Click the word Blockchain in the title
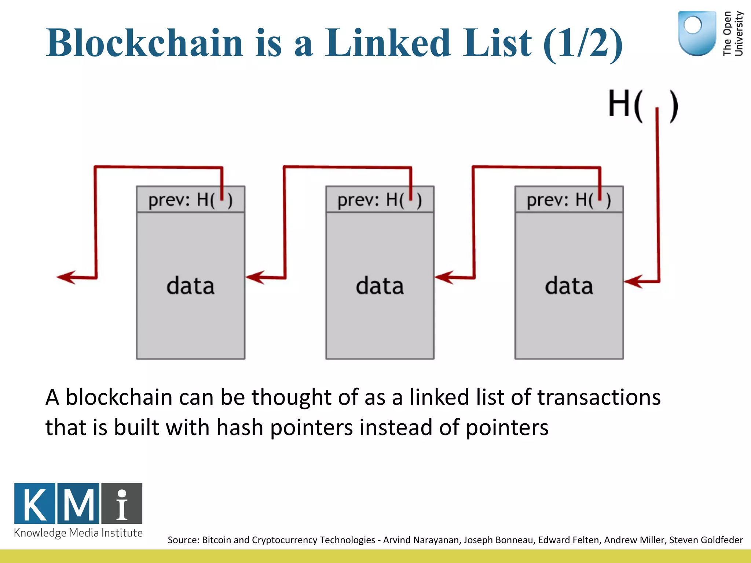click(144, 43)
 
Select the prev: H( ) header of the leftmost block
click(190, 200)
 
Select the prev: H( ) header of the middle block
click(380, 200)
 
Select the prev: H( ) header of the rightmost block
click(569, 200)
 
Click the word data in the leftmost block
click(190, 286)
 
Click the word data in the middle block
click(380, 286)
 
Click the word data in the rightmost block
click(569, 286)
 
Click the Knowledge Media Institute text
click(78, 533)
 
